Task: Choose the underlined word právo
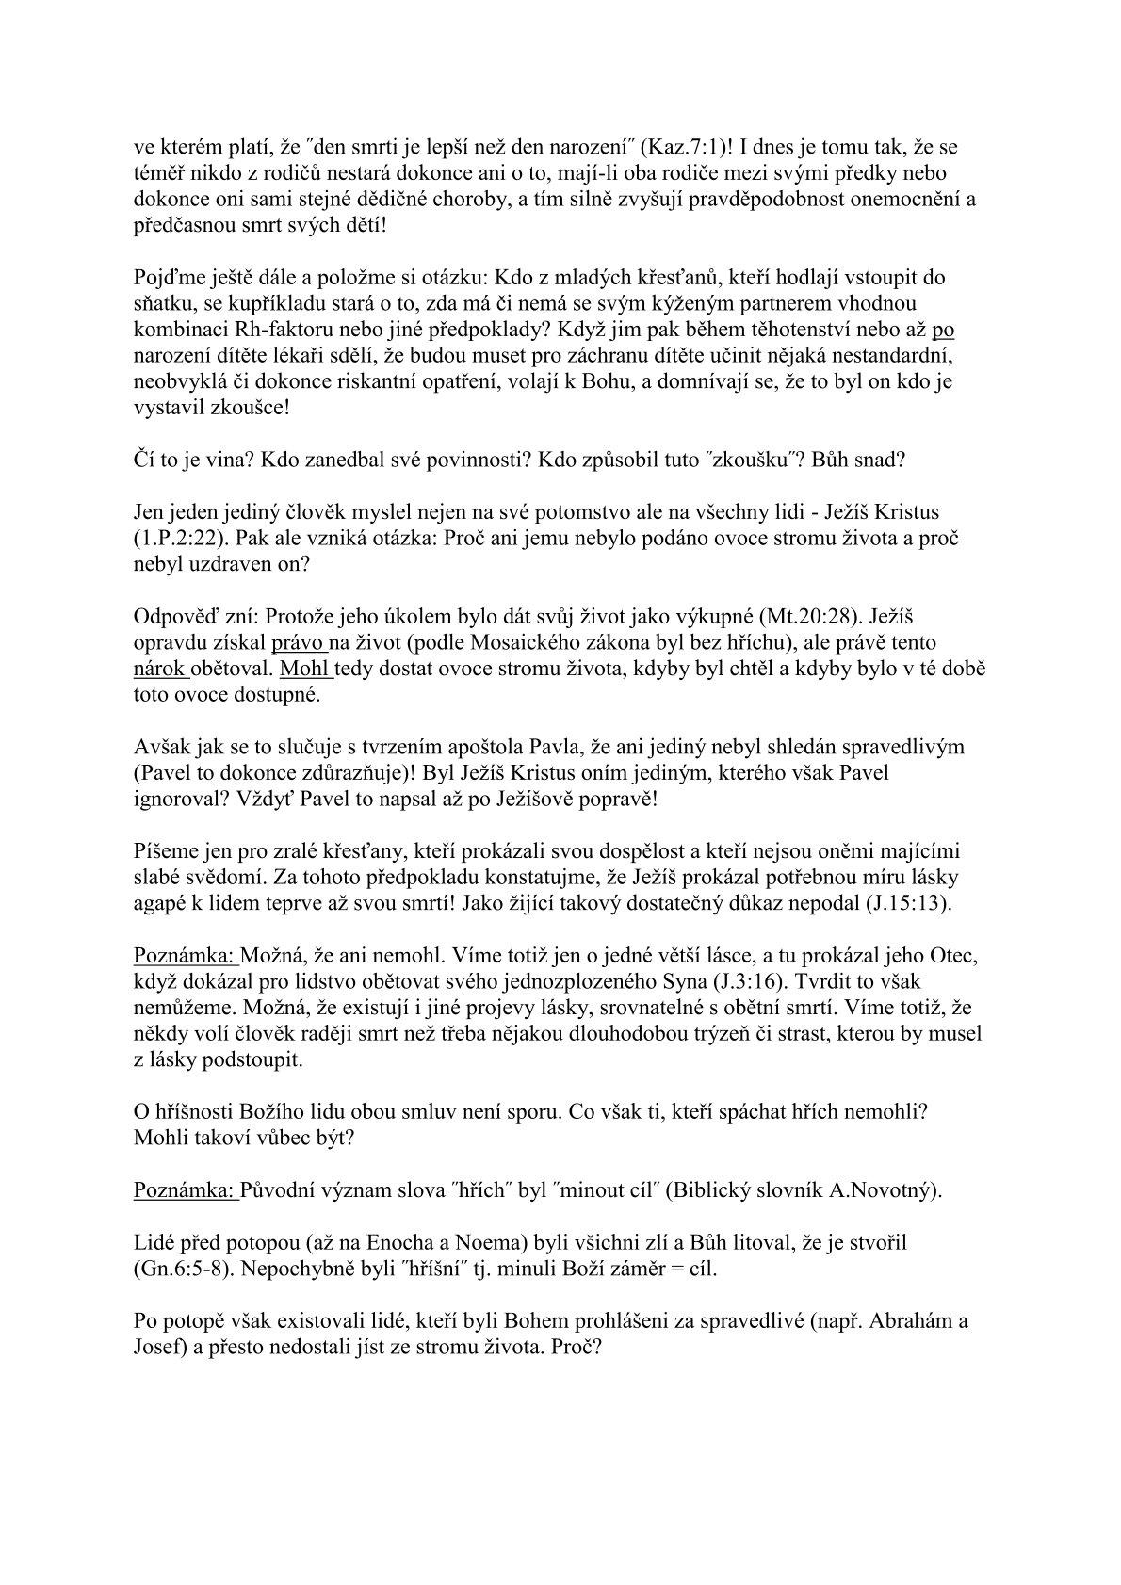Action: (299, 643)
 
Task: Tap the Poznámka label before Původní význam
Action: (186, 1189)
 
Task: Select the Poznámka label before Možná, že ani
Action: (186, 956)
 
